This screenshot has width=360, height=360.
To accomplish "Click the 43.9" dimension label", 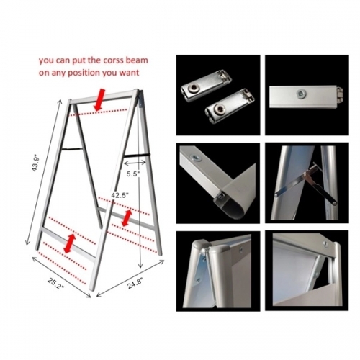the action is (x=35, y=164).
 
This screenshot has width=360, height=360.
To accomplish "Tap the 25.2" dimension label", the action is (x=55, y=284).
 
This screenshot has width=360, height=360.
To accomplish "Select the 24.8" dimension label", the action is (x=135, y=283).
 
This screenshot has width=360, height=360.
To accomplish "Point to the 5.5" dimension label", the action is (x=133, y=174).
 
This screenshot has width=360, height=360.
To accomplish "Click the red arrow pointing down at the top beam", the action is (x=99, y=100).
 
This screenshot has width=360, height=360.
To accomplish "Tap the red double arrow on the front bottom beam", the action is (x=70, y=243).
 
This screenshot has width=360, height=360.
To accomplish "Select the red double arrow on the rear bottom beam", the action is (x=127, y=218).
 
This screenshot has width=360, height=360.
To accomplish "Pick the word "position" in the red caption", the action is (x=84, y=73).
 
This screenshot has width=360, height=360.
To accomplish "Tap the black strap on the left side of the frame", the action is (x=72, y=149).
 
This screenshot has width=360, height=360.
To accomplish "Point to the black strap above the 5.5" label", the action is (x=137, y=155).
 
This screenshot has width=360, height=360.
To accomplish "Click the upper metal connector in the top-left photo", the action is (x=206, y=86).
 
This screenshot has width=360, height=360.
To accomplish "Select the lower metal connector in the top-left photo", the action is (x=229, y=105).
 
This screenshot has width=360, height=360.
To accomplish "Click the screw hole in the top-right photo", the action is (x=300, y=94).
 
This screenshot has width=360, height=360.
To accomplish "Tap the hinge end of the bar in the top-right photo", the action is (x=339, y=94).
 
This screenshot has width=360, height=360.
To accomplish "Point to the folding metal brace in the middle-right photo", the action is (x=306, y=182).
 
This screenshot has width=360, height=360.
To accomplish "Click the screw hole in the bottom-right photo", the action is (x=325, y=244).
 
